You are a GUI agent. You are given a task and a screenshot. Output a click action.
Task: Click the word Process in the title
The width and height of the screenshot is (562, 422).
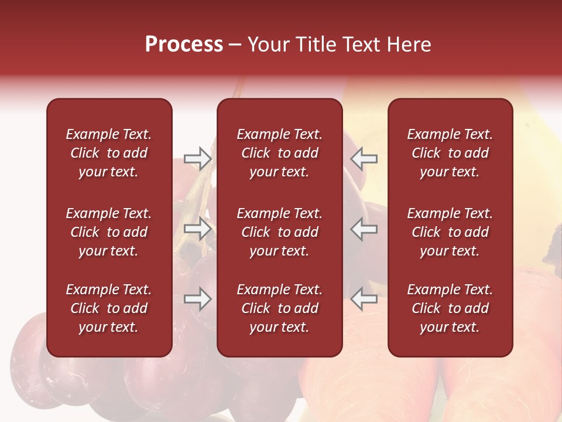pyautogui.click(x=184, y=45)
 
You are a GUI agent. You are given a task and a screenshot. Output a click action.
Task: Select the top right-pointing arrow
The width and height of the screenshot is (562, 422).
pyautogui.click(x=197, y=158)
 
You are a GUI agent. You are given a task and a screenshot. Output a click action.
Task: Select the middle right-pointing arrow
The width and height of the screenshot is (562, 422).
pyautogui.click(x=197, y=229)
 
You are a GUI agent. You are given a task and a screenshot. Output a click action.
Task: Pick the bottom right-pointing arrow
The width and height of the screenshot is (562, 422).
pyautogui.click(x=197, y=300)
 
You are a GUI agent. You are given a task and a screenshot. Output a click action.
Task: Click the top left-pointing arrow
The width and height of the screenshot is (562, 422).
pyautogui.click(x=364, y=158)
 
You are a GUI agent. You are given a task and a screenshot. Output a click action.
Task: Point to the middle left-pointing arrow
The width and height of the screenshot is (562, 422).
pyautogui.click(x=364, y=229)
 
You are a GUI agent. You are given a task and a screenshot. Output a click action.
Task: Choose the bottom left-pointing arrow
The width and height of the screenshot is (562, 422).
pyautogui.click(x=364, y=300)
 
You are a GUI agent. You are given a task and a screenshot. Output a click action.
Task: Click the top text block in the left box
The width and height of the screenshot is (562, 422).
pyautogui.click(x=109, y=153)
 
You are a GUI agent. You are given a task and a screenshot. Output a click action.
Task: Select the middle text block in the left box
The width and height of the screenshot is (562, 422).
pyautogui.click(x=109, y=232)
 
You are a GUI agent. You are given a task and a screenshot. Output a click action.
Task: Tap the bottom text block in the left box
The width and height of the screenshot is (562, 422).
pyautogui.click(x=109, y=308)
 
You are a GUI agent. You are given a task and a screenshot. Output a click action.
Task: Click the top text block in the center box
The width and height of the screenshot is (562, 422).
pyautogui.click(x=279, y=153)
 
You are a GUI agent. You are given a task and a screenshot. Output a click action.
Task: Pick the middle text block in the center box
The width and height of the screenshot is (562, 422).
pyautogui.click(x=279, y=232)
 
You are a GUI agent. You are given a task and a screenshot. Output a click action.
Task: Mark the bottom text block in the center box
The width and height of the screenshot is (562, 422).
pyautogui.click(x=279, y=308)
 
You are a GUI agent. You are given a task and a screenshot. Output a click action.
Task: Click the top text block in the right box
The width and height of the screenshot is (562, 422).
pyautogui.click(x=450, y=153)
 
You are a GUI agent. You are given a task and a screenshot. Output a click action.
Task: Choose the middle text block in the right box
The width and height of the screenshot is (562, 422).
pyautogui.click(x=450, y=232)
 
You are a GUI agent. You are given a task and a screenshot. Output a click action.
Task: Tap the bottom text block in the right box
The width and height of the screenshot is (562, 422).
pyautogui.click(x=450, y=308)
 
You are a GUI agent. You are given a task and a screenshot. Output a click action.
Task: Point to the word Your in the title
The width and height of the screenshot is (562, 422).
pyautogui.click(x=268, y=45)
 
